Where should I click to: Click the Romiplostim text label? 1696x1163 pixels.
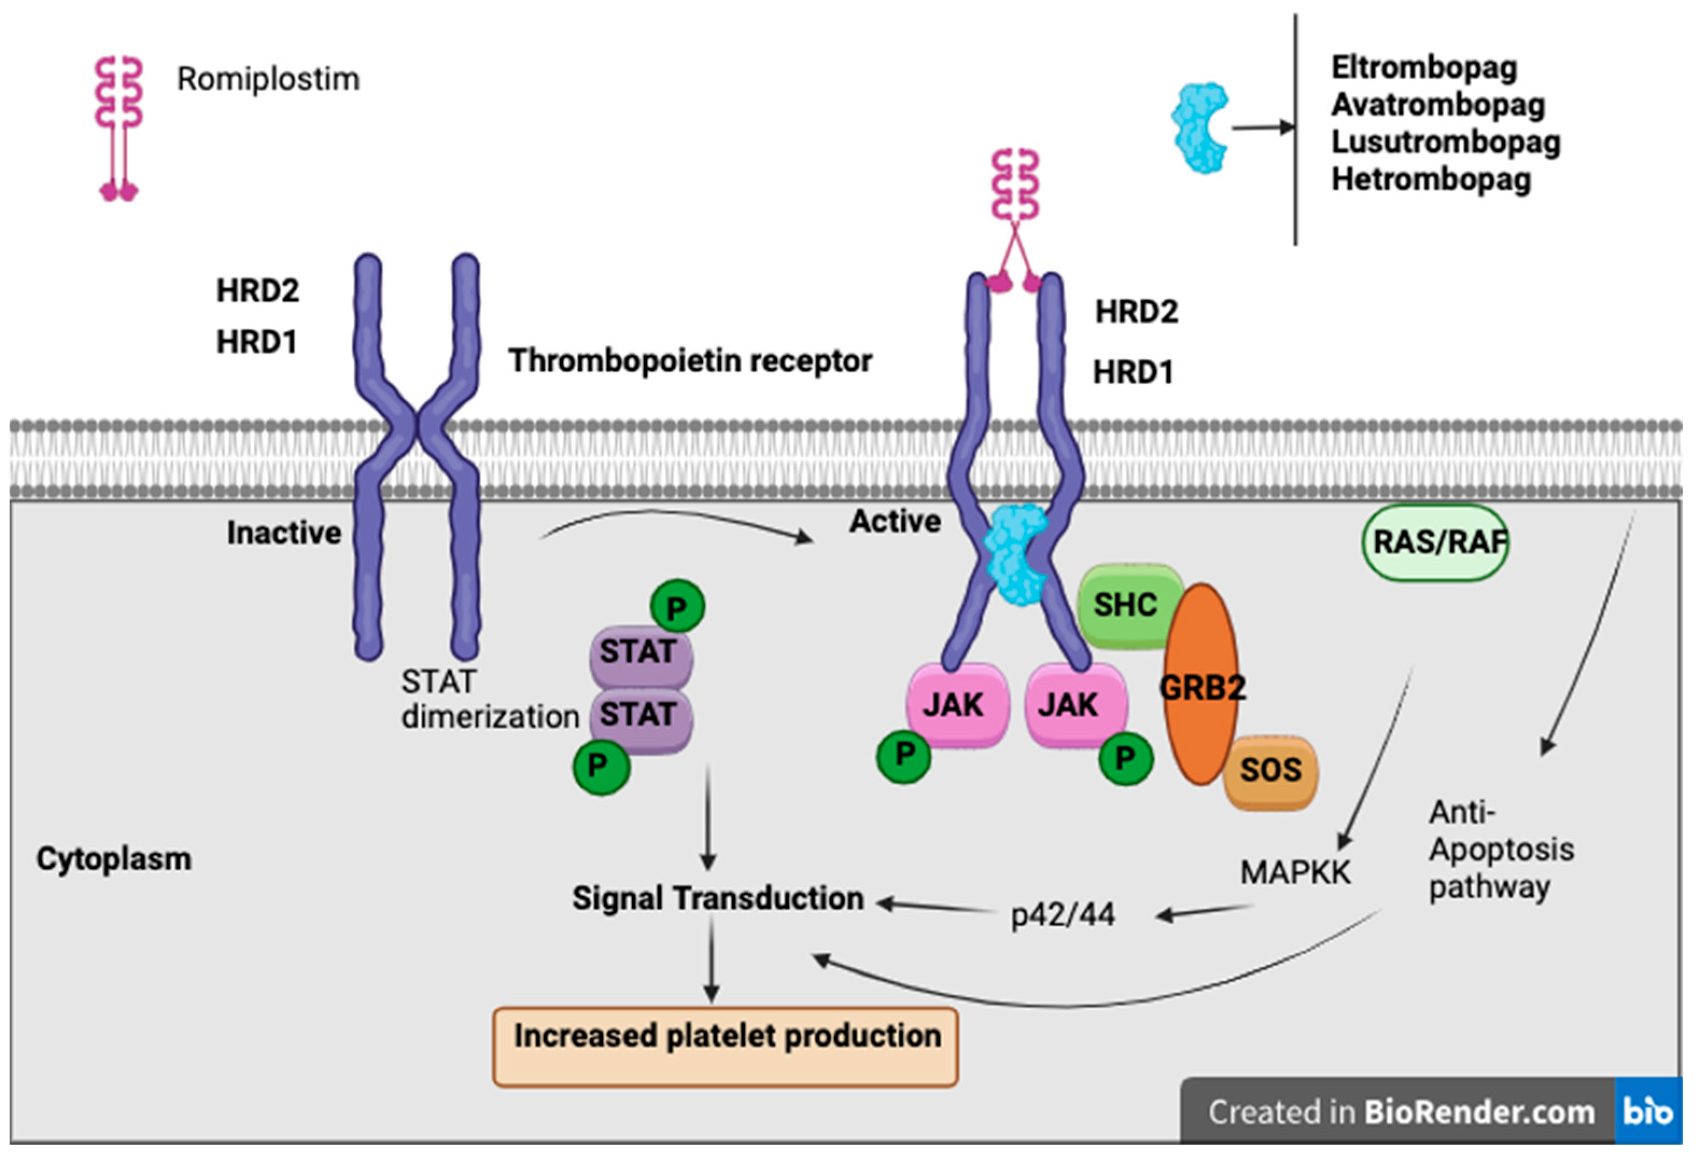pos(269,79)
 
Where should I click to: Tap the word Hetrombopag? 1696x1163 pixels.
pos(1431,180)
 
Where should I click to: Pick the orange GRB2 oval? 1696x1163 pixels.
pos(1201,685)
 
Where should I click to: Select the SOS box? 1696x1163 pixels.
pos(1271,771)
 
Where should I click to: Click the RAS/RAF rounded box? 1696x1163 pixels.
pos(1435,542)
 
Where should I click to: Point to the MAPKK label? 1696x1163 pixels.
pos(1296,872)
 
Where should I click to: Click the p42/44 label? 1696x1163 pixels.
pos(1062,915)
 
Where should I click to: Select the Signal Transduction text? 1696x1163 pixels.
pos(718,898)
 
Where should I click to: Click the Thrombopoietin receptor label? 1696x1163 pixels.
pos(691,361)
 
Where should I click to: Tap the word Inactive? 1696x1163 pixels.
pos(284,533)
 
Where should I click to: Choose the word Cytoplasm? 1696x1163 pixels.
pos(114,859)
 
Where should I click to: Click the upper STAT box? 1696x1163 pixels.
pos(640,652)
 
